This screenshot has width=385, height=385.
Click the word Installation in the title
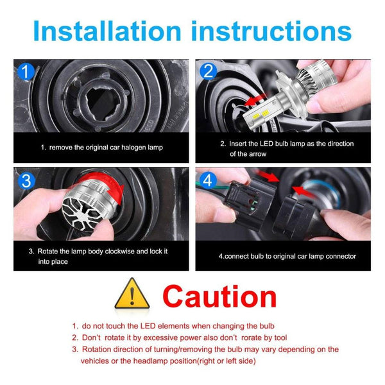tap(107, 31)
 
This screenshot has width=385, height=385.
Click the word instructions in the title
tap(271, 31)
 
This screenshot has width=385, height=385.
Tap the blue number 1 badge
tap(26, 71)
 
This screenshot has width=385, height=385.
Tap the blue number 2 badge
tap(208, 71)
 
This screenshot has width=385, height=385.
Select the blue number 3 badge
tap(26, 180)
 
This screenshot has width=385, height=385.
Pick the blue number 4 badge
tap(208, 180)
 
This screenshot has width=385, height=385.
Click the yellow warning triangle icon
tap(132, 293)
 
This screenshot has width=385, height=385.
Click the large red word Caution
tap(219, 296)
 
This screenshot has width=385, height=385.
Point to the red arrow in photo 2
tap(255, 99)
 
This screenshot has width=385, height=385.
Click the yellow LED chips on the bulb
tap(261, 115)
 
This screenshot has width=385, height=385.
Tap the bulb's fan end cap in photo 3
tap(82, 213)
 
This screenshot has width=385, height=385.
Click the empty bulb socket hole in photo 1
tap(103, 104)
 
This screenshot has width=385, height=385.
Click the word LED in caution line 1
tap(148, 326)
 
